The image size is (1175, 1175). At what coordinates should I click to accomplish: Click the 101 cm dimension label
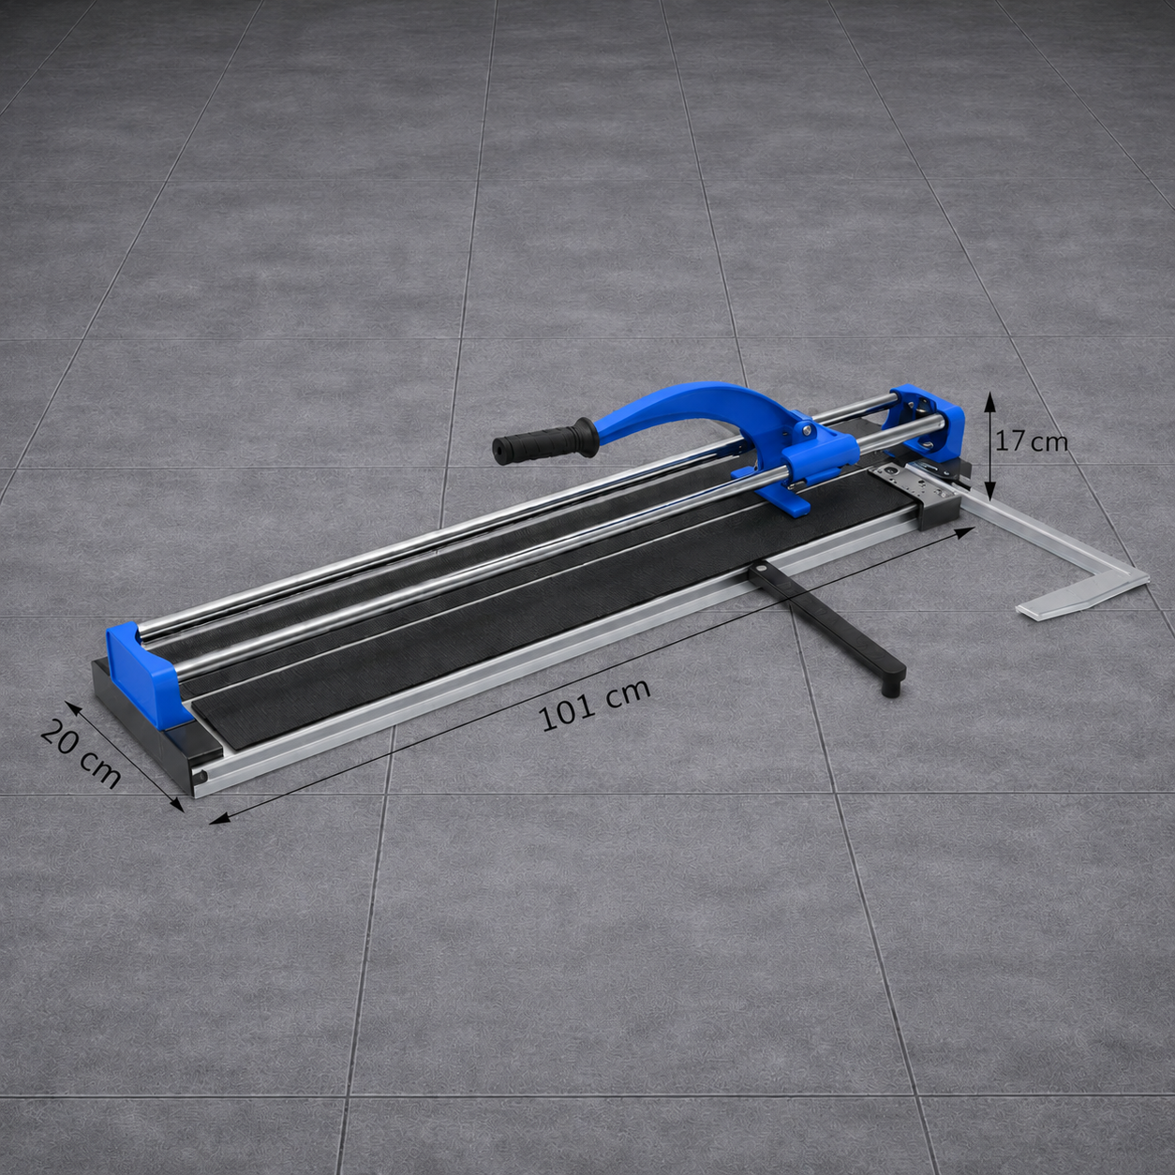tap(594, 706)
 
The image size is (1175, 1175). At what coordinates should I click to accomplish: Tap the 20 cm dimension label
tap(81, 753)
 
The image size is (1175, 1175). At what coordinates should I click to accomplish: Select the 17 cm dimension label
tap(1031, 441)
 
